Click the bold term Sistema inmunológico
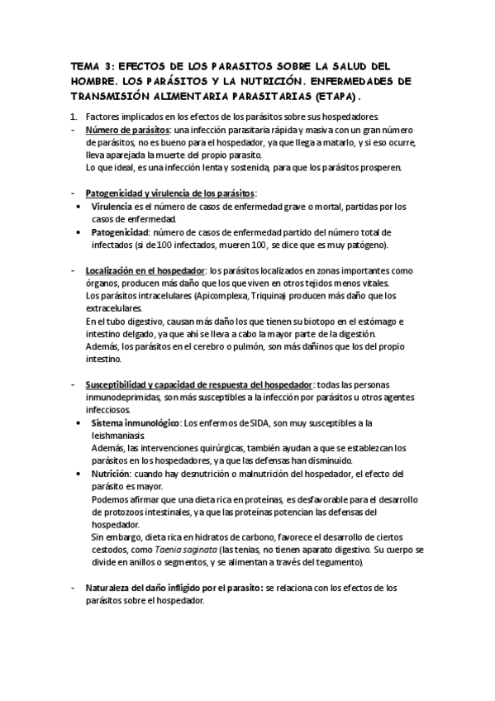136,423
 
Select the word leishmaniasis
117,436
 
